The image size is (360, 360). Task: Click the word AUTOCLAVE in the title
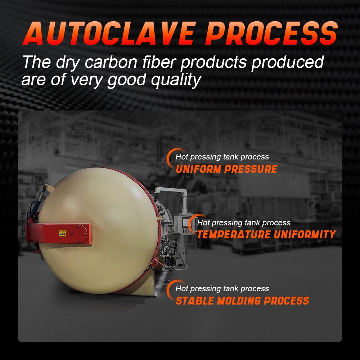click(109, 33)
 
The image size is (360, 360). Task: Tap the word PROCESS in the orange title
click(271, 33)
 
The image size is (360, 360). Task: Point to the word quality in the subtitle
click(176, 80)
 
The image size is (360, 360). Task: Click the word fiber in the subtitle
click(160, 62)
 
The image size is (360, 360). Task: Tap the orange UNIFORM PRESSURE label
click(226, 169)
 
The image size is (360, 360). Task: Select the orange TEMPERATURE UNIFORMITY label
click(266, 234)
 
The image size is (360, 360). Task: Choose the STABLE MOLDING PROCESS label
click(242, 301)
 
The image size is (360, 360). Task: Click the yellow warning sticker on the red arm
click(62, 233)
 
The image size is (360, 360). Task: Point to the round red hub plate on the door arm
click(78, 234)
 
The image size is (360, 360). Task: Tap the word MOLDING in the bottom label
click(239, 301)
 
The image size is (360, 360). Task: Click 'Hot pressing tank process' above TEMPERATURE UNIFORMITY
click(244, 222)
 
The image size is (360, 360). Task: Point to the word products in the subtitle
click(213, 62)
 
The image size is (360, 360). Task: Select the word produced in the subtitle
click(287, 62)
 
